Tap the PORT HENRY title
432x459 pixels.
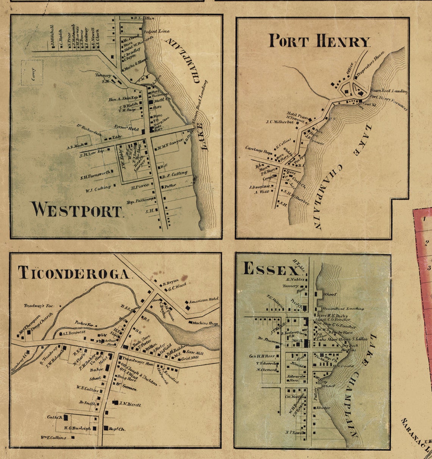point(319,41)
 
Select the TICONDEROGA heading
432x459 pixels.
point(74,273)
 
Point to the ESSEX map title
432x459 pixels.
point(270,269)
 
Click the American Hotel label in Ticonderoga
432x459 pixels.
point(204,300)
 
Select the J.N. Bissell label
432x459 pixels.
point(130,405)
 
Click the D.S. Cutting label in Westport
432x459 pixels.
point(174,174)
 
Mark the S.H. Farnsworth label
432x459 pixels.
point(96,175)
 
